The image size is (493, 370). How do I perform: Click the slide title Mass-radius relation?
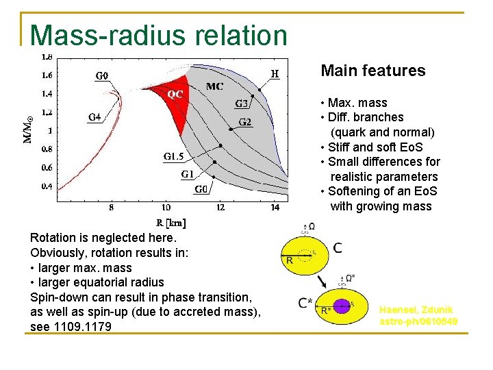(159, 35)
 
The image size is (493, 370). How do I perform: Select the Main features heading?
(372, 71)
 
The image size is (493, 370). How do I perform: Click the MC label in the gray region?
(214, 86)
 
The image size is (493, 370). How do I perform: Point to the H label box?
(275, 73)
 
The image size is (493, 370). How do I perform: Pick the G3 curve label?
(242, 104)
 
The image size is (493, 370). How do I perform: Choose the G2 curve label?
(244, 122)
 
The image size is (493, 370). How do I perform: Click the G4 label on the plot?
(94, 117)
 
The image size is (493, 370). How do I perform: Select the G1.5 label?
(173, 157)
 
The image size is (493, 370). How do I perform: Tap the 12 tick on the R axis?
(220, 206)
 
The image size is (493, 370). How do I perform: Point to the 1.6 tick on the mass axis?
(47, 75)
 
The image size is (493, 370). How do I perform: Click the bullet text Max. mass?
(357, 103)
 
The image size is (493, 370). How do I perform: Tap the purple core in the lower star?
(342, 306)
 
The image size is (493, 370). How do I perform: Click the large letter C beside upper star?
(338, 247)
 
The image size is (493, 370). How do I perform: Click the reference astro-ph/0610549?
(418, 321)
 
